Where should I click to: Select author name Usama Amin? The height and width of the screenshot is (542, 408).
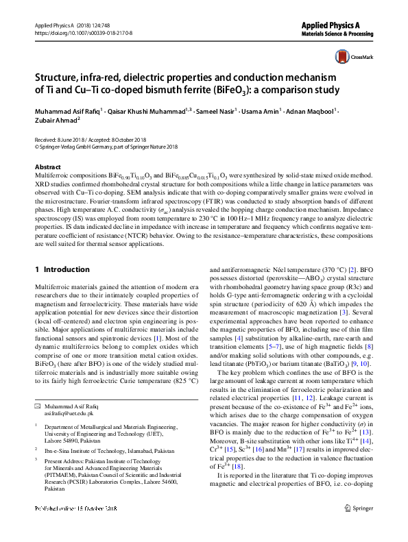264,110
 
